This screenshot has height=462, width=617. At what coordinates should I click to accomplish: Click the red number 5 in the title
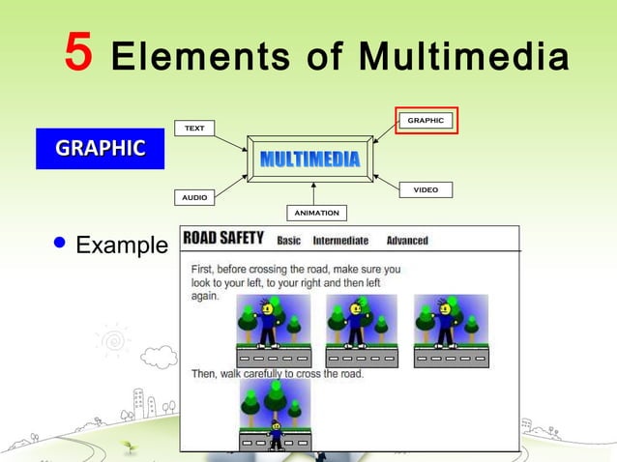point(78,53)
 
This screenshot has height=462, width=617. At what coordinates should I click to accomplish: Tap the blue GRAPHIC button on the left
point(101,148)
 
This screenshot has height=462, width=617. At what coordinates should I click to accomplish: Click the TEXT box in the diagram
point(193,129)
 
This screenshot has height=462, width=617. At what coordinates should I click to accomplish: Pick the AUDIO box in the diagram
point(193,196)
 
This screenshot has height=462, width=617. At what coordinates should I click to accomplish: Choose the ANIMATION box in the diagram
point(316,213)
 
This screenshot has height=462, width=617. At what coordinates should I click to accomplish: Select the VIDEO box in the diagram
point(426,189)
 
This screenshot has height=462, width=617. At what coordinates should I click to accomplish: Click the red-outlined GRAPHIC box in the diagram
point(426,121)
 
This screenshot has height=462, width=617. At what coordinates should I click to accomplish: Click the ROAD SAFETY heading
point(224,239)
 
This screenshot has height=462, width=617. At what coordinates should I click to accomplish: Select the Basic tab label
point(302,241)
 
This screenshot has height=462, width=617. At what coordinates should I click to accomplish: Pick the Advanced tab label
point(407,241)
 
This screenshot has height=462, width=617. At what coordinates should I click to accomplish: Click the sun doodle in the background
point(115,339)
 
